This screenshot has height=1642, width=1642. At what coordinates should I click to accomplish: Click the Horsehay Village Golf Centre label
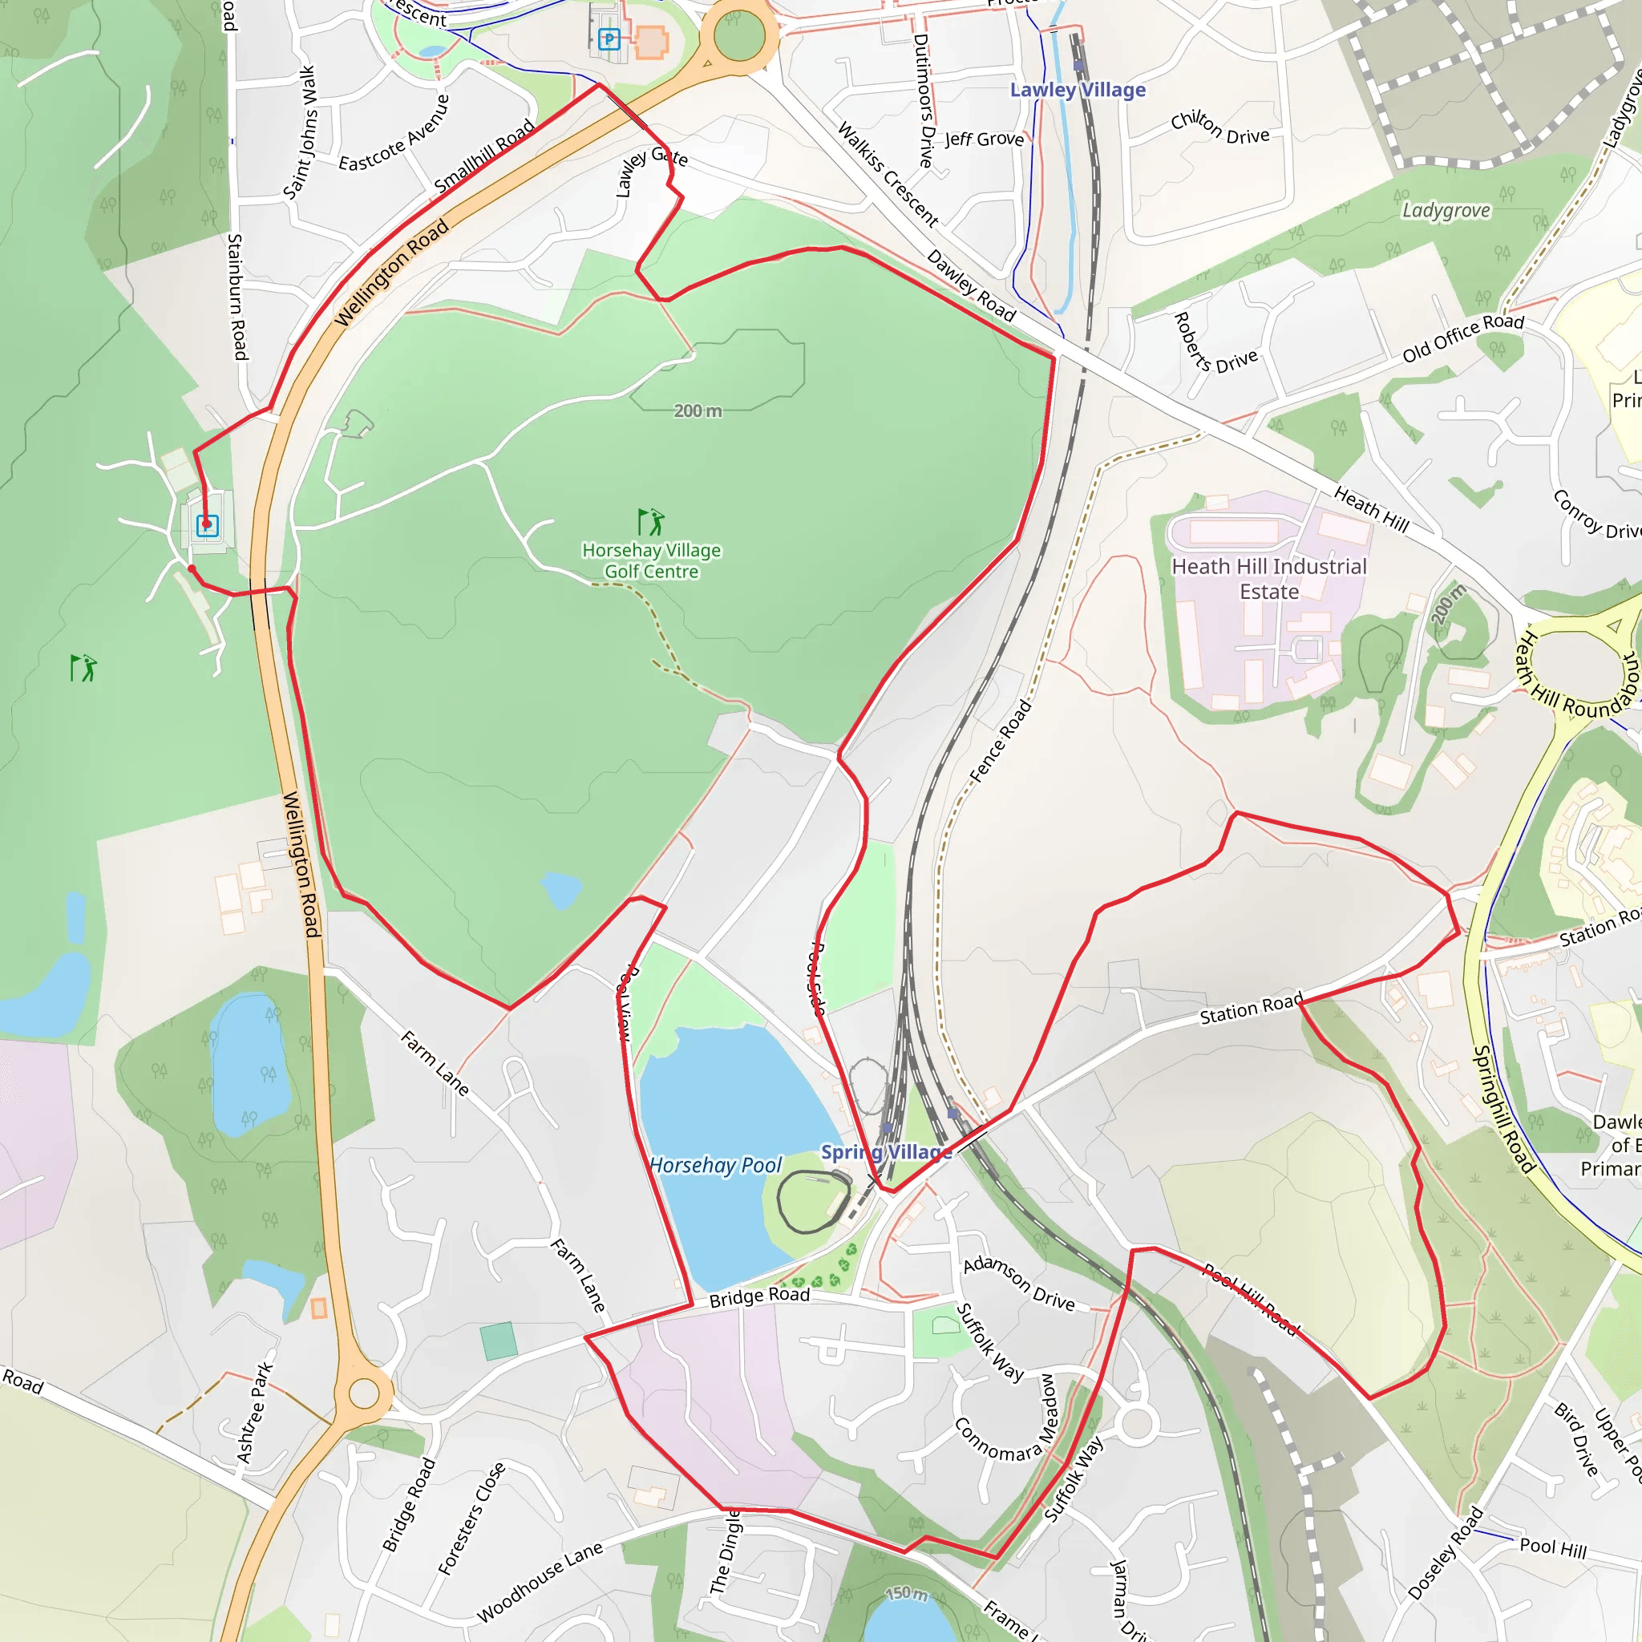pos(651,561)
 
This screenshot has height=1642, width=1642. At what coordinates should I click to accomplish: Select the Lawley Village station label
pos(1077,90)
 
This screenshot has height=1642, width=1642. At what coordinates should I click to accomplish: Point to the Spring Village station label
pos(886,1152)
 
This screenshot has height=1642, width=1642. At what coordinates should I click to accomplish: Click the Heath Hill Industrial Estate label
pos(1269,579)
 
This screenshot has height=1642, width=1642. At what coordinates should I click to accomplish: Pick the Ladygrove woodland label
pos(1446,210)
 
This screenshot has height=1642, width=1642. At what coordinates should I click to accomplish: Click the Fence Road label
pos(1001,740)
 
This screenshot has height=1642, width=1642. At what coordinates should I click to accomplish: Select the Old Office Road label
pos(1463,337)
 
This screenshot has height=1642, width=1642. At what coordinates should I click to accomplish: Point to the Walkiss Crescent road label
pos(888,175)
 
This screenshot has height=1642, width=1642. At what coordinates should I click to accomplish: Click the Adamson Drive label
pos(1018,1284)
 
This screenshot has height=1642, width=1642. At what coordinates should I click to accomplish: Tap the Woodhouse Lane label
pos(540,1582)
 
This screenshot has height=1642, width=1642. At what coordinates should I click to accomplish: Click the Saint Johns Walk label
pos(299,133)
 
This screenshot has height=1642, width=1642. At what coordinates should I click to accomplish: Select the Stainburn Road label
pos(237,297)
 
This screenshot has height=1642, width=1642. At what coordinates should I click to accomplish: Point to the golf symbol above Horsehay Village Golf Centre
pos(651,521)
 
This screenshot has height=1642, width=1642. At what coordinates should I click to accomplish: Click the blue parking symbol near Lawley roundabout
pos(609,38)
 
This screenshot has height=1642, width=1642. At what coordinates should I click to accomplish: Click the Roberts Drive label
pos(1215,343)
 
